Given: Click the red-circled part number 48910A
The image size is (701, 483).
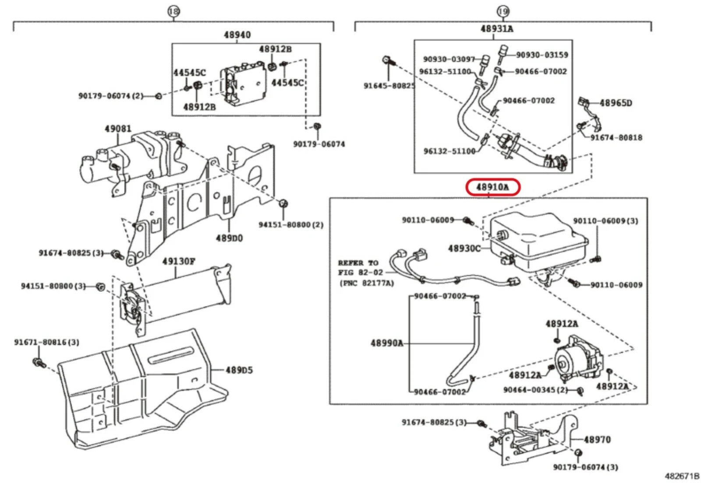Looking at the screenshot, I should click(492, 187).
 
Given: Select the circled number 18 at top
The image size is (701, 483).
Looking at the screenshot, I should click(173, 11).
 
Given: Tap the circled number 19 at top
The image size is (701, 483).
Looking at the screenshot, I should click(503, 11).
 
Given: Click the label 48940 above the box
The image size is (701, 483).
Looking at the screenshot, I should click(237, 35).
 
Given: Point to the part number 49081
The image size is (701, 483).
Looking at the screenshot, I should click(117, 129).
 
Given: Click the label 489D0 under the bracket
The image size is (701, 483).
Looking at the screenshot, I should click(229, 238).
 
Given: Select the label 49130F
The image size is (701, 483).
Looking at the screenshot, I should click(178, 261).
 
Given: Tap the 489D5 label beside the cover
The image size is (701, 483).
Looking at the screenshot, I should click(239, 370).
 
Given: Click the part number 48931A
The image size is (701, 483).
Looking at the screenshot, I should click(496, 29).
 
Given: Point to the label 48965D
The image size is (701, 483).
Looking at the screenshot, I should click(616, 103).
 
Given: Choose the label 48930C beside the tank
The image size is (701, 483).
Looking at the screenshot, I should click(464, 248).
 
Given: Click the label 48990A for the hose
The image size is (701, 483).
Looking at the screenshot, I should click(387, 343).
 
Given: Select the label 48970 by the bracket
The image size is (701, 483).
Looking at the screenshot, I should click(597, 439).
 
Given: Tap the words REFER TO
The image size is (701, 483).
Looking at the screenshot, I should click(358, 263).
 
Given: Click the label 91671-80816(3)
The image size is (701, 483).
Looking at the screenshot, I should click(46, 342).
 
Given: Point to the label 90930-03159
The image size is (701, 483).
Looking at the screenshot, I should click(542, 55).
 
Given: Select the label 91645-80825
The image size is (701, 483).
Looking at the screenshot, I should click(389, 86).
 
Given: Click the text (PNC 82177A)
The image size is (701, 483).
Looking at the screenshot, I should click(367, 283).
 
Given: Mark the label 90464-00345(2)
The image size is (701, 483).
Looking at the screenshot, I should click(535, 389).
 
